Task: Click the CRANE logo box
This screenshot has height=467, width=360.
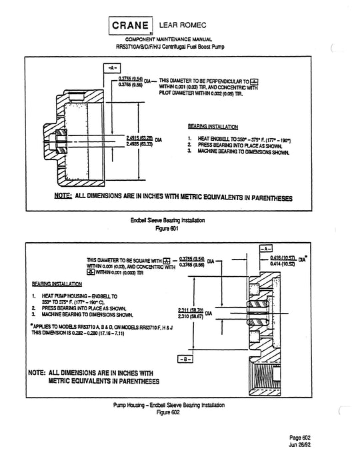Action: [130, 26]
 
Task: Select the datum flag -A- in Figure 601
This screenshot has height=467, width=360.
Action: [112, 69]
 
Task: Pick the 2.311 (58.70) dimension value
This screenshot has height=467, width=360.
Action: [191, 310]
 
